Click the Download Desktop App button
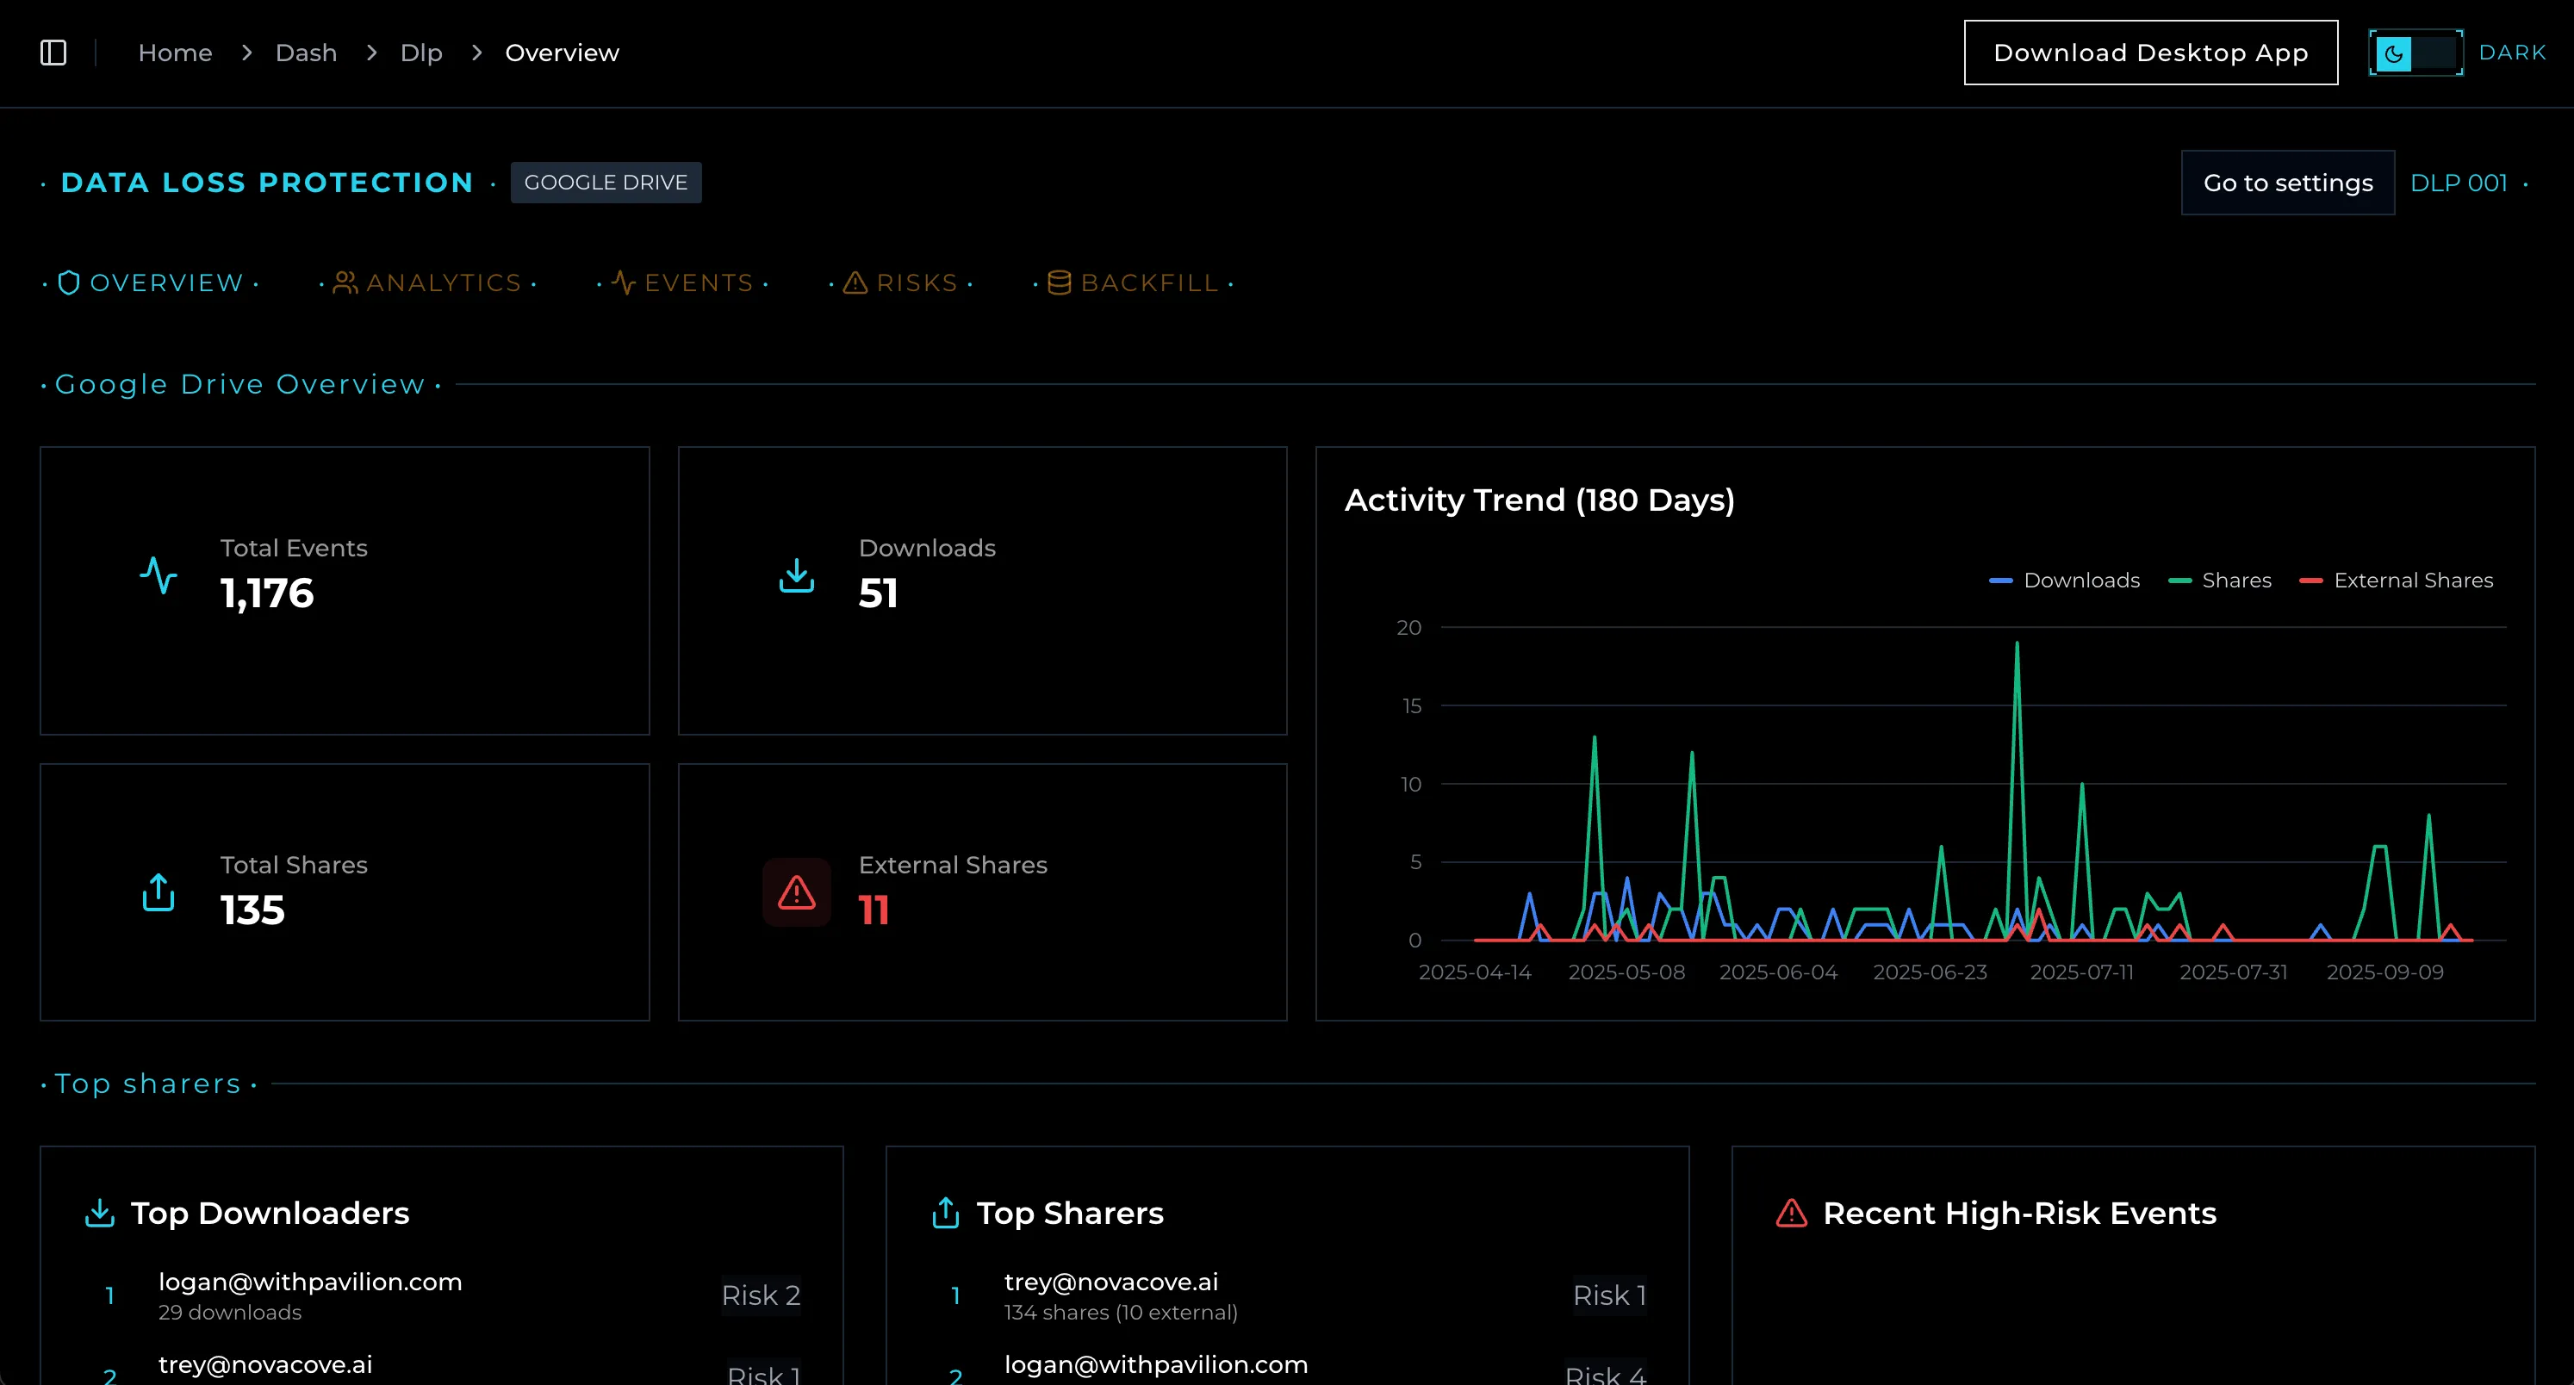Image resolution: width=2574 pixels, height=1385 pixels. tap(2150, 53)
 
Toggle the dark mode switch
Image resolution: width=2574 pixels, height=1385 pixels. tap(2414, 53)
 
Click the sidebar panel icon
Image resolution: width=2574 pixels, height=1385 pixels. tap(53, 53)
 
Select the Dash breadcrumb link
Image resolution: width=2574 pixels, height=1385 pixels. tap(306, 53)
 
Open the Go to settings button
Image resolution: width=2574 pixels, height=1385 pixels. tap(2287, 183)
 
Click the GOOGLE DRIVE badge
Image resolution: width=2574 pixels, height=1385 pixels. tap(606, 183)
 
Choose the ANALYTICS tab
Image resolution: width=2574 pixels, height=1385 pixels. tap(429, 283)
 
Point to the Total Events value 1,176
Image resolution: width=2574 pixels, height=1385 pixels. tap(267, 593)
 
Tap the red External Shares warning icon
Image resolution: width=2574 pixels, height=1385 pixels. tap(796, 892)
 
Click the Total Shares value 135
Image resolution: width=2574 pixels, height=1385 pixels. tap(252, 910)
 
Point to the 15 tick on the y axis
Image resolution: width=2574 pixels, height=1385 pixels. tap(1411, 706)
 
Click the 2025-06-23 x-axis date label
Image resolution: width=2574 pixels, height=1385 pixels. tap(1930, 972)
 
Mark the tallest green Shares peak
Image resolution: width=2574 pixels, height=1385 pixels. tap(2017, 644)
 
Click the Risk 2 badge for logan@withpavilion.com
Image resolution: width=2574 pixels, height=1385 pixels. tap(761, 1295)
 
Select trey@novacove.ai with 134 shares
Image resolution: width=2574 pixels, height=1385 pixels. tap(1111, 1283)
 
